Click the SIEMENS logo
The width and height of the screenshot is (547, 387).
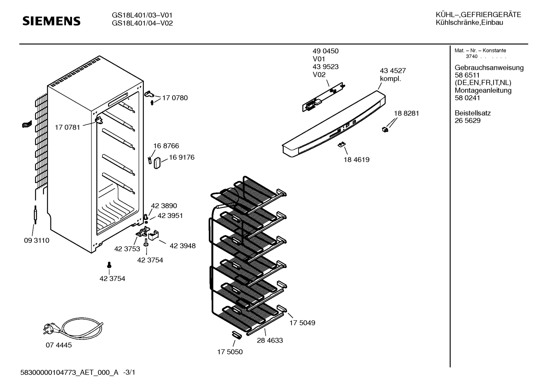pyautogui.click(x=52, y=21)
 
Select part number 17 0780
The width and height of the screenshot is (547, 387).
pyautogui.click(x=175, y=98)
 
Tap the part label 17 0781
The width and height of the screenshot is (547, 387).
pyautogui.click(x=68, y=127)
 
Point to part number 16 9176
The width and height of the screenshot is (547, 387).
pyautogui.click(x=182, y=157)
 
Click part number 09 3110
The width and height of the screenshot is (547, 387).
pyautogui.click(x=36, y=240)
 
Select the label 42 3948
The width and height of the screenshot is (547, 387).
pyautogui.click(x=182, y=246)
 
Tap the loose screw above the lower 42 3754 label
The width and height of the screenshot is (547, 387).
pyautogui.click(x=110, y=264)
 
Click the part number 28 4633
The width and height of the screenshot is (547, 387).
pyautogui.click(x=270, y=340)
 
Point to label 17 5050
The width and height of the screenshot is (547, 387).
pyautogui.click(x=230, y=352)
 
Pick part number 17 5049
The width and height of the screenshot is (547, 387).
pyautogui.click(x=302, y=323)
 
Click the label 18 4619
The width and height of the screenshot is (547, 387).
pyautogui.click(x=357, y=160)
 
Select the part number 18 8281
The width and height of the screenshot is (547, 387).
pyautogui.click(x=406, y=113)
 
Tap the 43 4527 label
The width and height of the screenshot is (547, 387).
pyautogui.click(x=393, y=71)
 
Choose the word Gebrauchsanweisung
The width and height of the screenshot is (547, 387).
pyautogui.click(x=489, y=68)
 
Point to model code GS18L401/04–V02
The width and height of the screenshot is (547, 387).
pyautogui.click(x=142, y=23)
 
